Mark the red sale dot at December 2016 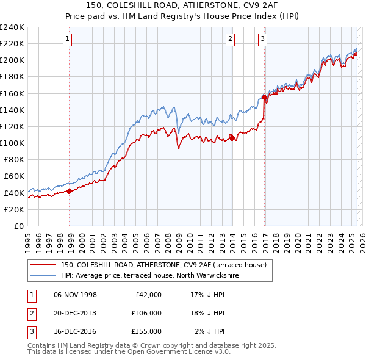(x=264, y=97)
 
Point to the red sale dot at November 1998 (x=70, y=191)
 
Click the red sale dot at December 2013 (x=232, y=138)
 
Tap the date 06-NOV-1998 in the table (x=75, y=295)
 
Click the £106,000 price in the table (x=146, y=313)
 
